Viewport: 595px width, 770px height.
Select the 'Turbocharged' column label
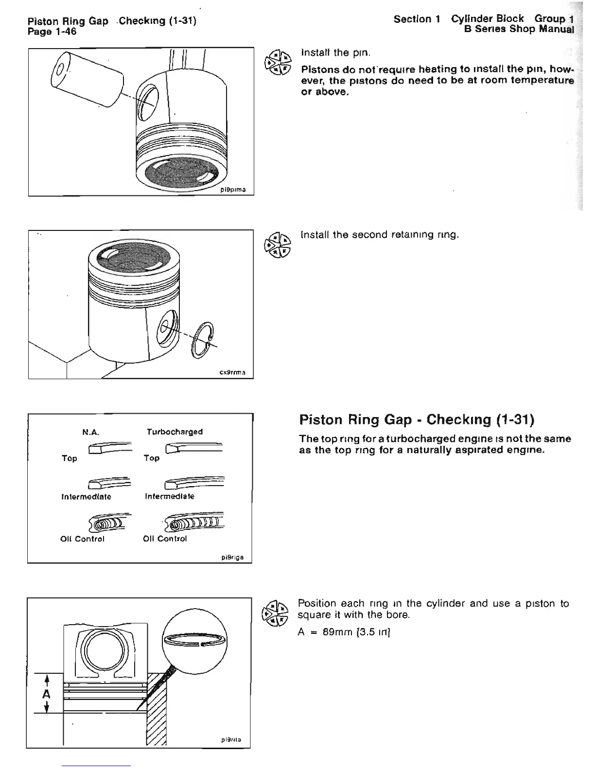point(175,432)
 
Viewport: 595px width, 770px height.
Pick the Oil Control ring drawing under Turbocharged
point(194,523)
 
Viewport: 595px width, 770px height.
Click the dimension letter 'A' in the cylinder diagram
point(46,694)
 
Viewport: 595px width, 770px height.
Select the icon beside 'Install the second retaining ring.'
point(277,244)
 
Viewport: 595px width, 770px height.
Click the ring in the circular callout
point(194,640)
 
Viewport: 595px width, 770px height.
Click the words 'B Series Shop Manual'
point(519,29)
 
